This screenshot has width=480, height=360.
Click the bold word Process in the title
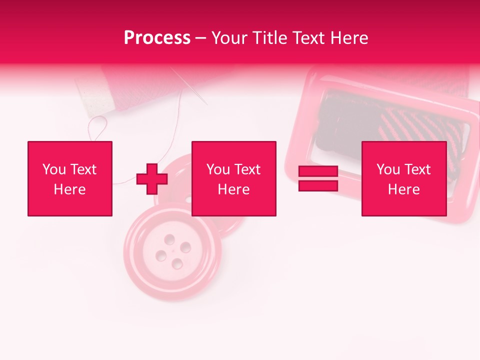coord(157,38)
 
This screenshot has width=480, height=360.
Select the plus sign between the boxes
coord(152,179)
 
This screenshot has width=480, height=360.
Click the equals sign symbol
coord(318,178)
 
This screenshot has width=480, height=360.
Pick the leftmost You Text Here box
coord(70,178)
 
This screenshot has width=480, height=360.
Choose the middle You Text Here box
coord(233,178)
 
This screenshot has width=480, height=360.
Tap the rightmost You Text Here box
coord(403,178)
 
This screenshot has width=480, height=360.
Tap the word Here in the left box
coord(69,189)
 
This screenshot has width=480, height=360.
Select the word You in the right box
coord(388,169)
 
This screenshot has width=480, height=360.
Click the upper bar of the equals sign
coord(318,171)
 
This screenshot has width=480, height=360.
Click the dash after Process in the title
coord(200,38)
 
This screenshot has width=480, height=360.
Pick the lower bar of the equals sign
coord(318,186)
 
